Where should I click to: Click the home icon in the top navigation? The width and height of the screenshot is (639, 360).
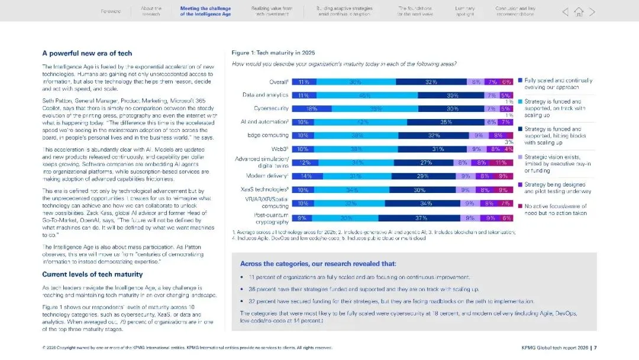579,12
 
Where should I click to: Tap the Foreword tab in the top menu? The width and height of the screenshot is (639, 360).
111,11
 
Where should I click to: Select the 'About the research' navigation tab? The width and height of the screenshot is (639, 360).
151,11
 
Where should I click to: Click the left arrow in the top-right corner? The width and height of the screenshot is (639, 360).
565,12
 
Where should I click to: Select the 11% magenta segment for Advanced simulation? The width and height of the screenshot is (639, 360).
501,162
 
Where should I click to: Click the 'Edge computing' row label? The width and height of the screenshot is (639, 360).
267,135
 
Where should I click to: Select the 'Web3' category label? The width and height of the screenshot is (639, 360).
279,149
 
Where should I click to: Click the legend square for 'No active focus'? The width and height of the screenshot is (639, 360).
519,206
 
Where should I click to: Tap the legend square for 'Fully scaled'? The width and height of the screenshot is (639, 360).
519,81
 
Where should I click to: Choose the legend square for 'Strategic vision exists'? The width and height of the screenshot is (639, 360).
519,157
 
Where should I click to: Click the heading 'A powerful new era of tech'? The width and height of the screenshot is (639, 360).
87,53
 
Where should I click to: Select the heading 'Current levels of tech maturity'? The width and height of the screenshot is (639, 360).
92,274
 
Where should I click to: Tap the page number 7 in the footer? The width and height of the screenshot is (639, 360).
595,348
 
